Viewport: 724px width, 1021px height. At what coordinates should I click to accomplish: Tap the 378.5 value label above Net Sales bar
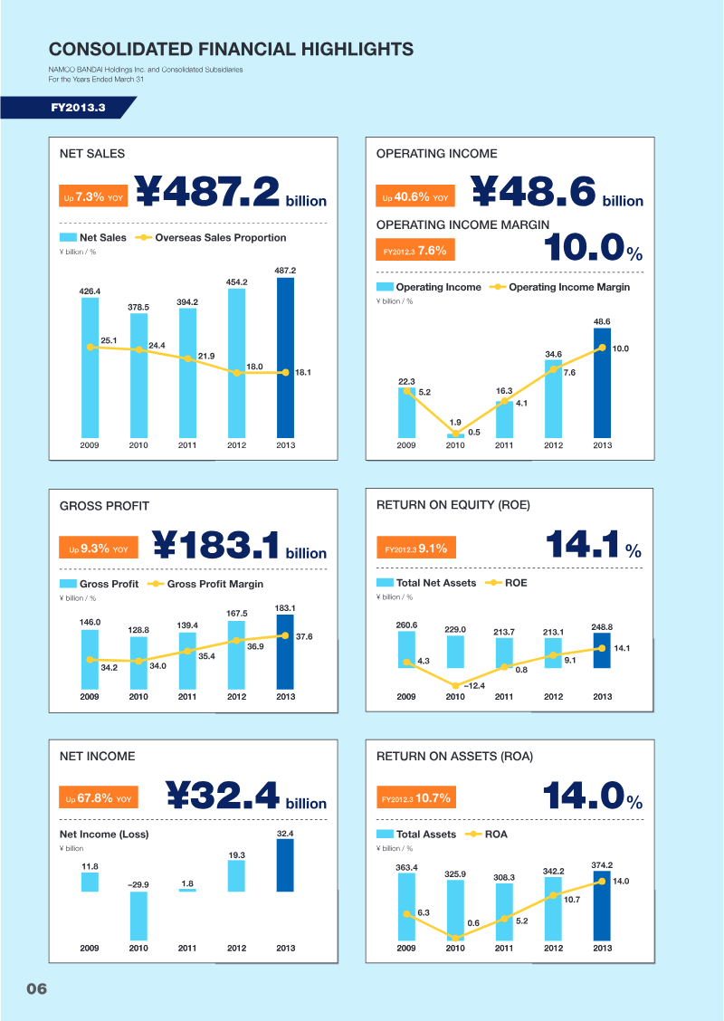click(x=138, y=307)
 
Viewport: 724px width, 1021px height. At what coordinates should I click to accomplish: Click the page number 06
click(x=36, y=988)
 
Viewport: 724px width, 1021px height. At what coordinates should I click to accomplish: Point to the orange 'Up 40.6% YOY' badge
click(x=414, y=196)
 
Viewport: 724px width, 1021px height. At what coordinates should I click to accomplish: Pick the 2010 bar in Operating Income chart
click(x=455, y=435)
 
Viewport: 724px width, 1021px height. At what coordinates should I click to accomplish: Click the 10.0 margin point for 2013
click(x=603, y=348)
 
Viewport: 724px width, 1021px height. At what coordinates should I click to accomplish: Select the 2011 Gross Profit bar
click(x=187, y=659)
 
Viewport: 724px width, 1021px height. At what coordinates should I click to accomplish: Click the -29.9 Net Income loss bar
click(x=138, y=914)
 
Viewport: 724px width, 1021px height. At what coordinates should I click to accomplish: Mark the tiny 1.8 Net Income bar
click(x=187, y=890)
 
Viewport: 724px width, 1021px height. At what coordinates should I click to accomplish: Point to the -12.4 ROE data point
click(x=455, y=686)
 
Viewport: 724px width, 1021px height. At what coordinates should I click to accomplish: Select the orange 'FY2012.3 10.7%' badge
click(x=416, y=798)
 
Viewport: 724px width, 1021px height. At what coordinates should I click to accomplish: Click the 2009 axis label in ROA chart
click(x=406, y=949)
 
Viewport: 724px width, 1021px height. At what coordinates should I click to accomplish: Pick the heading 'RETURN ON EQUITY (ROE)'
click(x=452, y=505)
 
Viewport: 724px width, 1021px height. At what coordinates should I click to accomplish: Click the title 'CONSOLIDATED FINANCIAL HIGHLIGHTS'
click(x=231, y=49)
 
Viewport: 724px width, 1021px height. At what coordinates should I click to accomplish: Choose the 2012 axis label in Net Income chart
click(x=236, y=949)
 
